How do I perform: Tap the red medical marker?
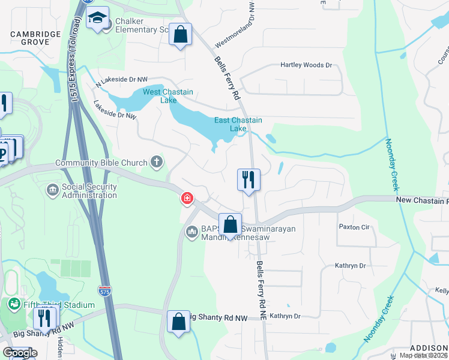tap(187, 197)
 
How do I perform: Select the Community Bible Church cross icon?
tap(156, 162)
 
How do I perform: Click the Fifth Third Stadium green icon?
tap(13, 304)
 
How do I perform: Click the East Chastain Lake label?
tap(238, 124)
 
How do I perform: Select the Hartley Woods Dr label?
tap(307, 65)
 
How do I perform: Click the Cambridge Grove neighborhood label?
tap(36, 38)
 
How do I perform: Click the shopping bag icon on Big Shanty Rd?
tap(178, 322)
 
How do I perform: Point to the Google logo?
tap(20, 353)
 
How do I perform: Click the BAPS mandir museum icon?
tap(192, 231)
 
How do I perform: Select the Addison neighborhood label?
tap(429, 348)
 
